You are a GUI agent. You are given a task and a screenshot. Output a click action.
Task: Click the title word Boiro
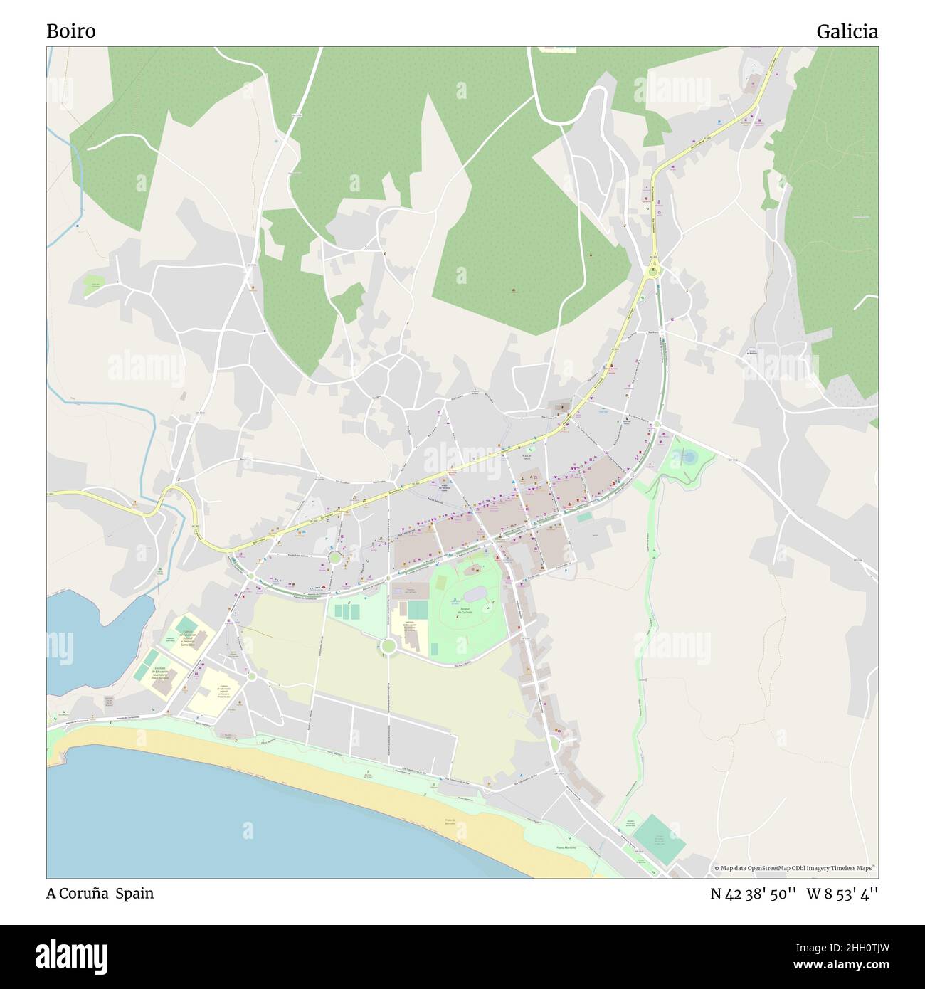click(x=70, y=31)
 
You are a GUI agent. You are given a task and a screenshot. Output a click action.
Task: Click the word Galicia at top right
click(x=847, y=31)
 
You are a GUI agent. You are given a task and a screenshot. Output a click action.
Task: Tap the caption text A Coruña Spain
click(x=100, y=893)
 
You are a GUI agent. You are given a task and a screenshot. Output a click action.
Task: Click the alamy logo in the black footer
click(x=71, y=956)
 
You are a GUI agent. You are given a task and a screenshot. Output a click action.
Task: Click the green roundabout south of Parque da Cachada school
click(x=388, y=645)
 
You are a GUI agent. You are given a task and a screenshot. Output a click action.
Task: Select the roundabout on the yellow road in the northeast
click(x=652, y=270)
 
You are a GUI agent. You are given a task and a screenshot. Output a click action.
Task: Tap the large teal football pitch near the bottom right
click(x=659, y=840)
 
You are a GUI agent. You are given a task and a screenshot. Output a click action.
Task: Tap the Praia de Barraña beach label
click(x=450, y=823)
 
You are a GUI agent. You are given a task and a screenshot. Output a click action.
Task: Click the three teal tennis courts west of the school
click(x=347, y=610)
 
